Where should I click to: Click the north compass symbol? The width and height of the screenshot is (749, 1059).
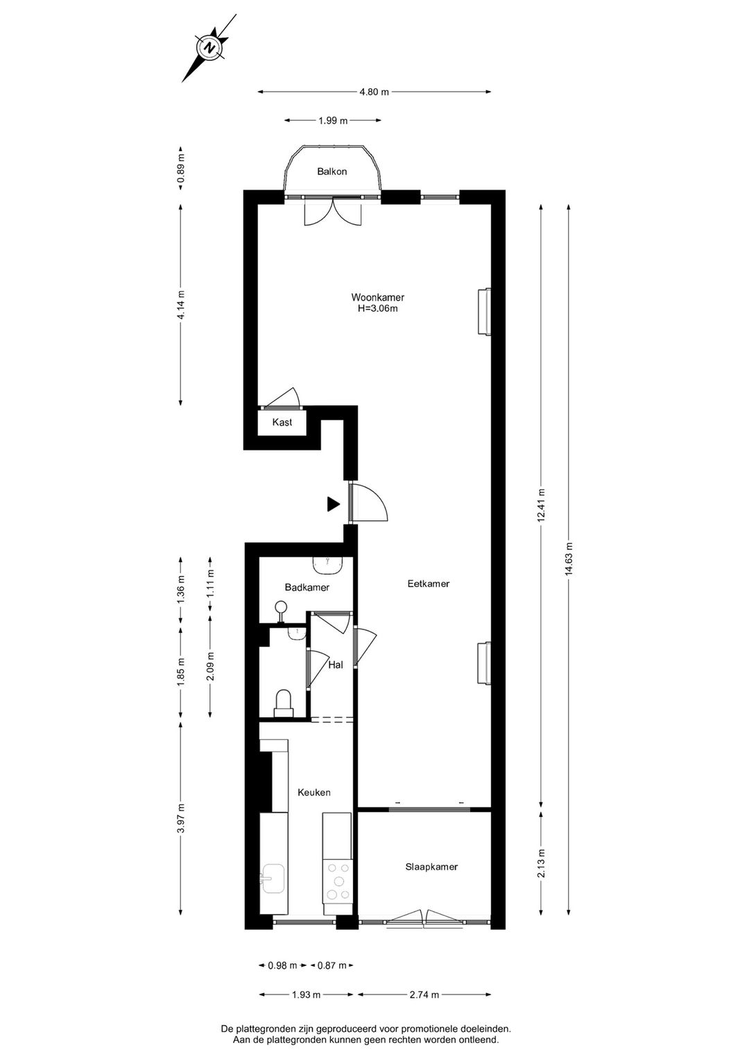(x=207, y=48)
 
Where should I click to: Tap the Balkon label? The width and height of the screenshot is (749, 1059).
(x=332, y=171)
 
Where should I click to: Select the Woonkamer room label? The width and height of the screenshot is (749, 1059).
(x=377, y=298)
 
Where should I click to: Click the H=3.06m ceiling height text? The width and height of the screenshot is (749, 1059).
(x=377, y=309)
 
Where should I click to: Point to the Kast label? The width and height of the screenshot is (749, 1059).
(x=282, y=422)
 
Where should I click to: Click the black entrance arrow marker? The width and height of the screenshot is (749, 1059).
(x=334, y=505)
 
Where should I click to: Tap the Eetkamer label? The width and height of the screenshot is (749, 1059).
(x=428, y=584)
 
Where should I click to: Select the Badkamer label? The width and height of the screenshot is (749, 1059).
(x=307, y=587)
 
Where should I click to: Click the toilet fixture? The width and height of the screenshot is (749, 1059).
(x=283, y=702)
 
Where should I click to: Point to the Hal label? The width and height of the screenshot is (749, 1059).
(x=336, y=665)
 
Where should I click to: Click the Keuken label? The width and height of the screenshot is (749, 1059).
(x=313, y=793)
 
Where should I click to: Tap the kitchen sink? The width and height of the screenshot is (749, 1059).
(x=273, y=879)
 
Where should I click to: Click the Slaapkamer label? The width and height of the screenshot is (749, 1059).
(x=431, y=867)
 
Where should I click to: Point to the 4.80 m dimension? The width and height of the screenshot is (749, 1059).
(x=374, y=92)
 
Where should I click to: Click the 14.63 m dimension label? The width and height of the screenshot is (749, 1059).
(x=569, y=558)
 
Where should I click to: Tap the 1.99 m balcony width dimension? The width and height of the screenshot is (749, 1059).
(x=332, y=121)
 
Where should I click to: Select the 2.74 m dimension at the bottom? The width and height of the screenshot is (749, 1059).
(x=424, y=994)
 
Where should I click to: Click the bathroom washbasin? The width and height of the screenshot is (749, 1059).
(x=329, y=566)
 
